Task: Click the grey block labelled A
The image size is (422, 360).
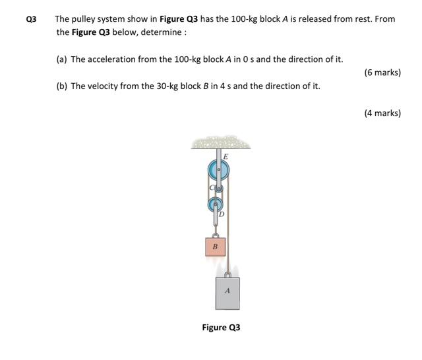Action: (x=227, y=291)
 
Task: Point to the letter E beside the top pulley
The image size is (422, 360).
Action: (x=226, y=156)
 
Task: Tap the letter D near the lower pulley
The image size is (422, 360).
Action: (x=222, y=214)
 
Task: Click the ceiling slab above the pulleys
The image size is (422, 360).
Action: (x=218, y=143)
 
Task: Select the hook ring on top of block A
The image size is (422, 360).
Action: (x=227, y=273)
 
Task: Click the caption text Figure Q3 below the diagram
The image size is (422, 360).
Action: (x=221, y=328)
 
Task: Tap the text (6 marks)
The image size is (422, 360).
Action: (x=382, y=73)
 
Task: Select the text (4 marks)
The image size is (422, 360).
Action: (x=382, y=113)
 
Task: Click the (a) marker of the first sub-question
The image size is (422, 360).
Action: (x=62, y=59)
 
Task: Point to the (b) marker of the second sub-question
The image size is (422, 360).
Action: (x=62, y=86)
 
